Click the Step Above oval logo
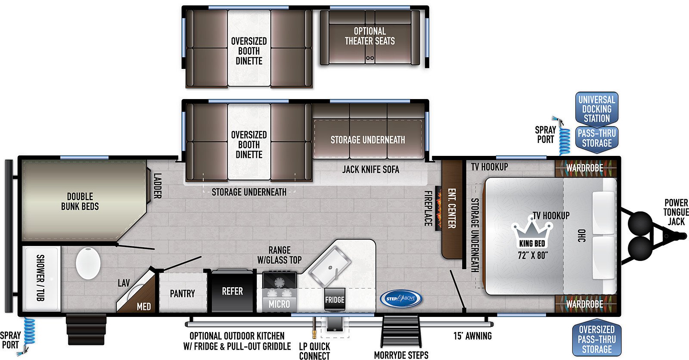[401, 298]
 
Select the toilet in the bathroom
[88, 263]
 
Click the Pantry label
[183, 294]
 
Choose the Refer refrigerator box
[232, 291]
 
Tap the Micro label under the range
[279, 304]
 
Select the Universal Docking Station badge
[597, 109]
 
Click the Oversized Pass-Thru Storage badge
[597, 339]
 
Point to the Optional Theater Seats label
[370, 36]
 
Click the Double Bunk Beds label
[80, 201]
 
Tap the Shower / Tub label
[40, 278]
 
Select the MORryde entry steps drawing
[401, 331]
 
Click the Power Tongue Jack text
[676, 212]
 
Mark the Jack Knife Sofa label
[371, 169]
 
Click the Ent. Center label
[451, 208]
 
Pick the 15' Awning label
[472, 336]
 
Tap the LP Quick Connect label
[314, 351]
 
